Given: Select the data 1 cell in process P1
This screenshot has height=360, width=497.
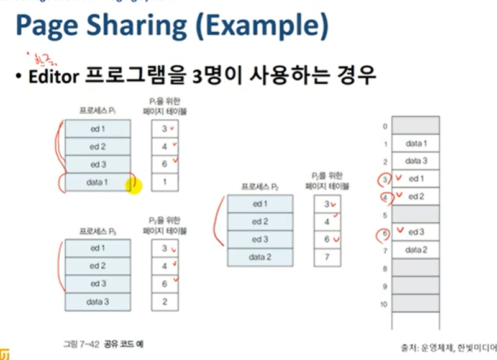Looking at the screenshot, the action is point(98,182).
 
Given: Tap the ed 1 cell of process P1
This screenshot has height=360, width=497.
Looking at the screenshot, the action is point(98,128).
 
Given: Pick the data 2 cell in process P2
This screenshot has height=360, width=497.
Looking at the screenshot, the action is point(259,256).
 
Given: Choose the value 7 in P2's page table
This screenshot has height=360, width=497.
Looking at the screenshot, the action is point(327,256).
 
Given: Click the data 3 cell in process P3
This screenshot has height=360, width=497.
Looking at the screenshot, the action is point(98,302).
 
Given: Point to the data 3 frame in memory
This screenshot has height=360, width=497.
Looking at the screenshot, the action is point(416,161).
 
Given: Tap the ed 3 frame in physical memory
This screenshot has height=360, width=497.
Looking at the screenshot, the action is point(416,232).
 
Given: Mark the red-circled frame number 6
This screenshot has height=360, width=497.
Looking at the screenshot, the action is point(386,233).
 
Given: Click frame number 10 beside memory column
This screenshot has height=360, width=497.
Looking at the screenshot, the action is point(385,305).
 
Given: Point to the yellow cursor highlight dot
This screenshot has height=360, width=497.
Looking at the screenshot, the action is point(134,184).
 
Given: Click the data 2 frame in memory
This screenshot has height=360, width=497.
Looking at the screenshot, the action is point(416,250).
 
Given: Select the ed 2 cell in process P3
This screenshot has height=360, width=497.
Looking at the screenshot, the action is point(98,266).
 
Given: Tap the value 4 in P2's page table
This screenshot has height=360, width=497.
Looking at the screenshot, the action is point(327,221).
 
